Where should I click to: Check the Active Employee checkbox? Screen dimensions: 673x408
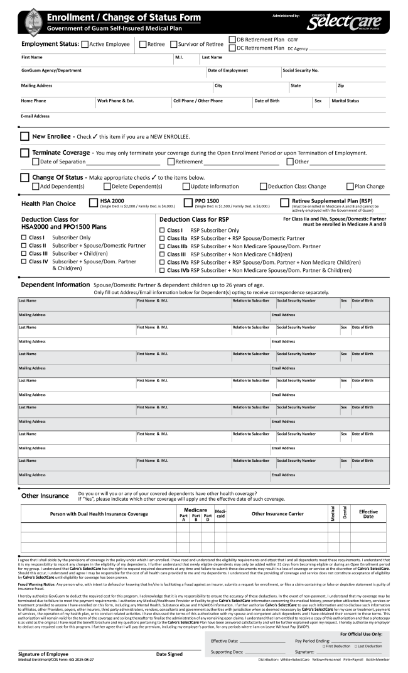coord(85,44)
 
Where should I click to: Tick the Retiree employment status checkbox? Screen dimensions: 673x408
coord(142,44)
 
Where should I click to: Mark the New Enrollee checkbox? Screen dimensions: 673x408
coord(24,136)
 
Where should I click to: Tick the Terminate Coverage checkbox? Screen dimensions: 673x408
coord(24,153)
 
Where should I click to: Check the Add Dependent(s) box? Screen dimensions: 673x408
coord(35,186)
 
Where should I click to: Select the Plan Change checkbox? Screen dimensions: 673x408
coord(350,186)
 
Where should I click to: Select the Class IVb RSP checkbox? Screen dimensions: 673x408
coord(163,270)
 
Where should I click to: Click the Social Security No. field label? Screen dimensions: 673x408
coord(301,70)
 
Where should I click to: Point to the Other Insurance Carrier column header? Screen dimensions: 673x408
coord(277,513)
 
